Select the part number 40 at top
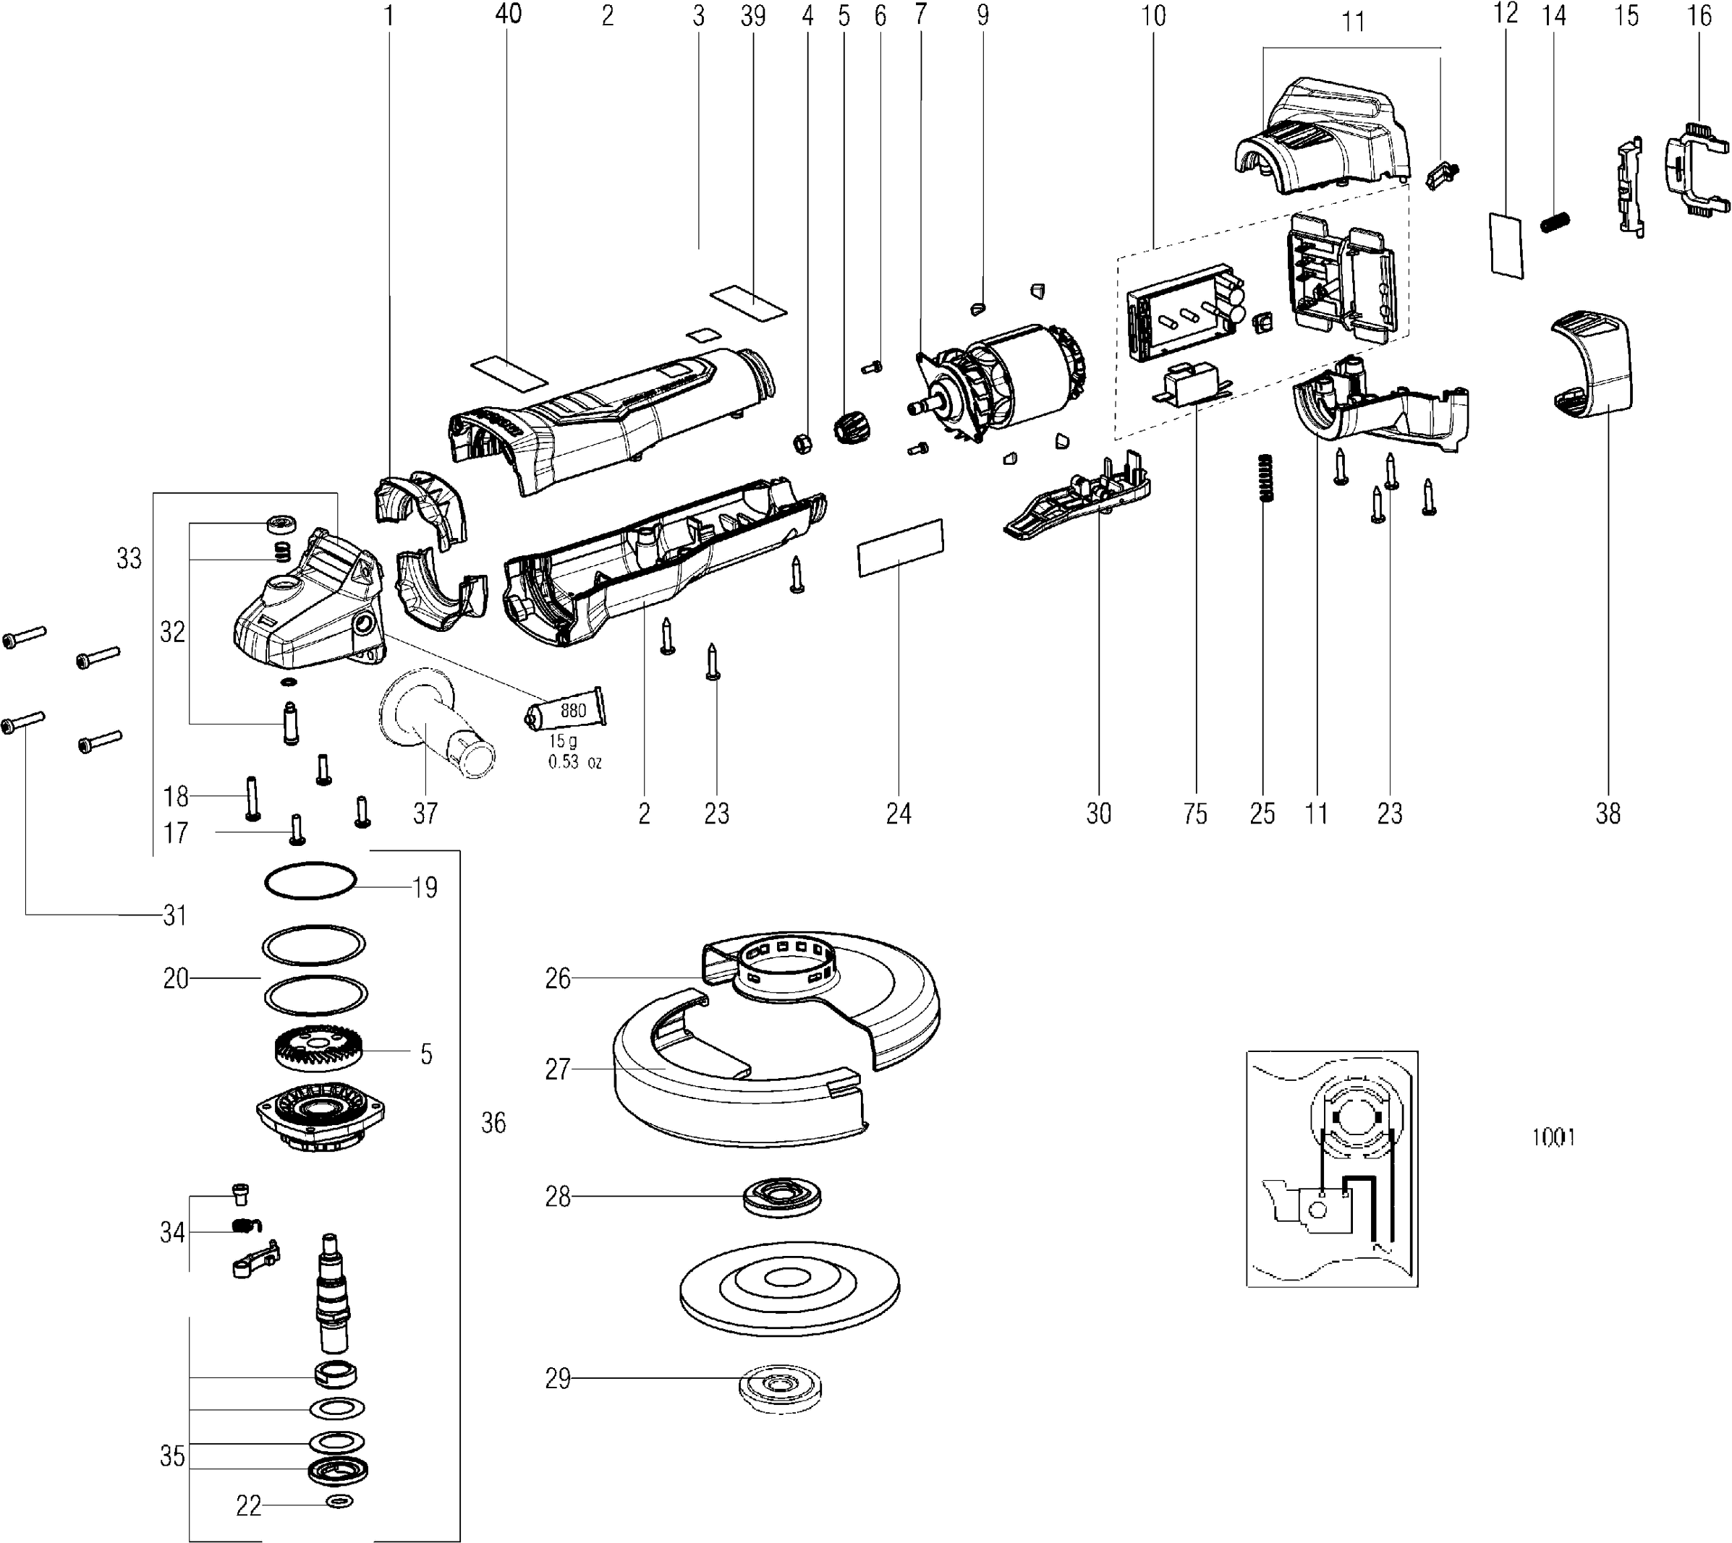[x=508, y=14]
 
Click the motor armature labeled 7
[x=1001, y=382]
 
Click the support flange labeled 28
[x=782, y=1197]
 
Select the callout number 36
[x=493, y=1124]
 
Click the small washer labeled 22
[x=339, y=1503]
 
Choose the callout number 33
[x=129, y=559]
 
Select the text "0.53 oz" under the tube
[x=575, y=762]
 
